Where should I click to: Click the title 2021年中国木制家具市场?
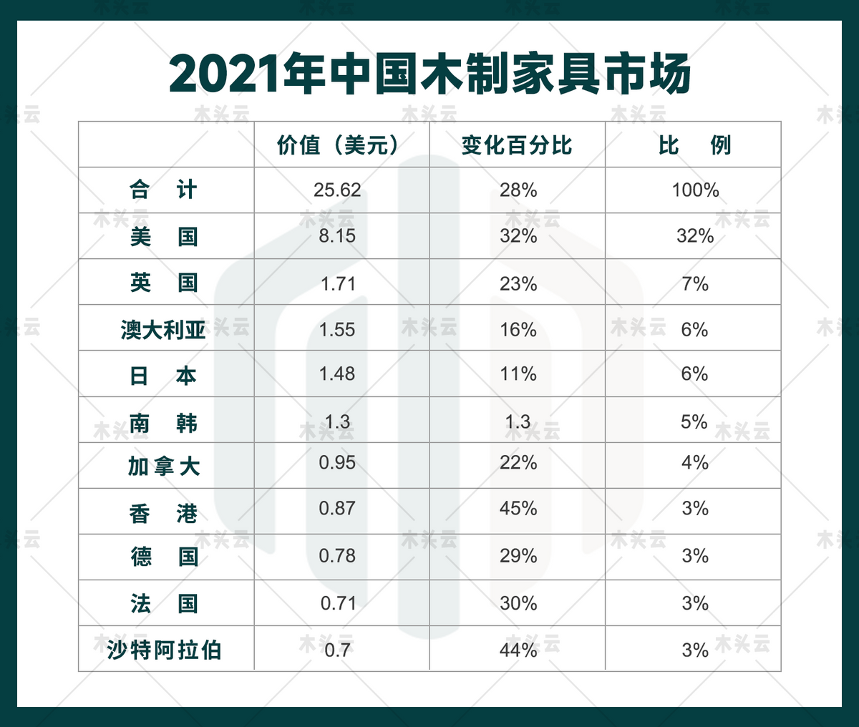(429, 73)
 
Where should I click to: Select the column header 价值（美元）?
(337, 145)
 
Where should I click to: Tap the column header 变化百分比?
(517, 145)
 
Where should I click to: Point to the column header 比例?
(694, 145)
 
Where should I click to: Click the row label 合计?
(163, 190)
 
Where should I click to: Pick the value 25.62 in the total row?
(337, 190)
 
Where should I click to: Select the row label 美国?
(163, 236)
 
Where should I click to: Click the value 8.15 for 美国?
(337, 236)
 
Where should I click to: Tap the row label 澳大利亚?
(163, 330)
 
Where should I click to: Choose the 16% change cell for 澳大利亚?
(518, 330)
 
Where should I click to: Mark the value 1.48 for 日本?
(337, 374)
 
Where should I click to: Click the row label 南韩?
(163, 423)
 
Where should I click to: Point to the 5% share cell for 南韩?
(694, 421)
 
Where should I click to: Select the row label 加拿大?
(163, 467)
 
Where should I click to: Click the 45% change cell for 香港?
(518, 509)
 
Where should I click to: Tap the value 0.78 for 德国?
(337, 556)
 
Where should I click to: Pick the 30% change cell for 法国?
(518, 603)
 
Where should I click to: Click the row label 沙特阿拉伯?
(164, 650)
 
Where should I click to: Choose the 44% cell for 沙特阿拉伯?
(518, 650)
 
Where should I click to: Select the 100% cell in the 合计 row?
(695, 190)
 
